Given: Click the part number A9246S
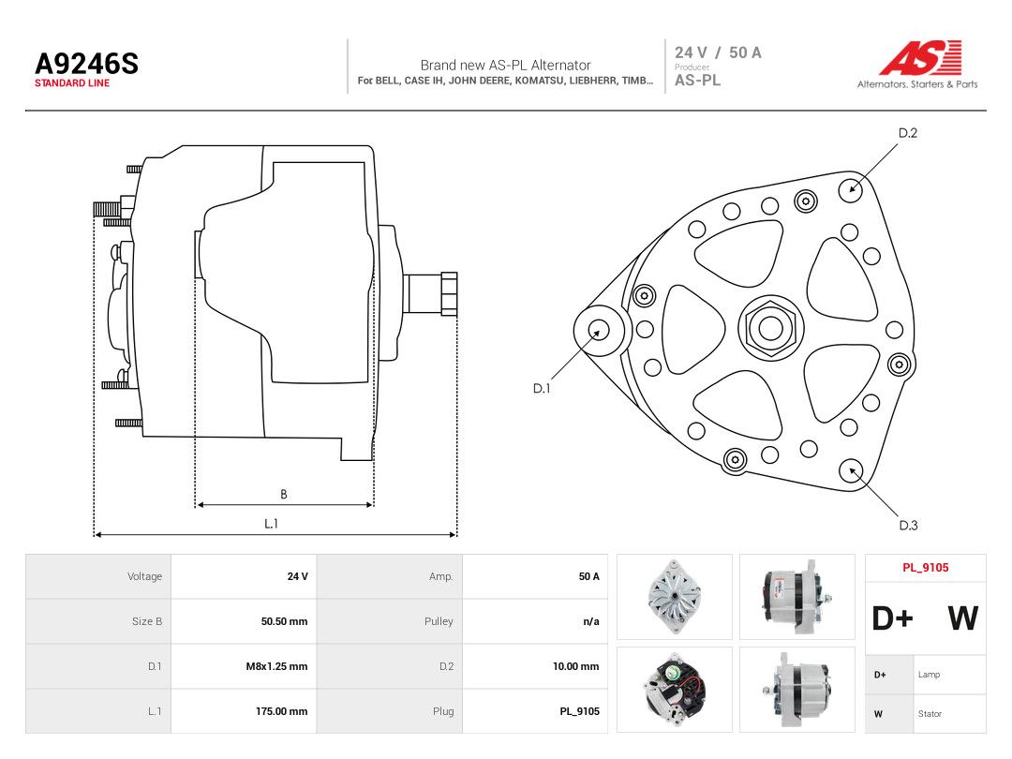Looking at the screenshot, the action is [86, 64].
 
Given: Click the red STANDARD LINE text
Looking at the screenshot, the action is [71, 83].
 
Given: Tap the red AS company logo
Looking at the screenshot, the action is [920, 57].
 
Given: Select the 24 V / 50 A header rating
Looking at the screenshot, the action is [718, 52].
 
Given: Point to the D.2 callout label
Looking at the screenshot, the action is [907, 133].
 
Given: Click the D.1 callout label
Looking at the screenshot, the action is [542, 389].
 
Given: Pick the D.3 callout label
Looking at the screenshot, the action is [908, 526].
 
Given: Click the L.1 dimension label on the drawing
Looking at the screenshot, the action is [271, 524].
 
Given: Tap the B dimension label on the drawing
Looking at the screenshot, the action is [283, 495].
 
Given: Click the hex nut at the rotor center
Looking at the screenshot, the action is [770, 327].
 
